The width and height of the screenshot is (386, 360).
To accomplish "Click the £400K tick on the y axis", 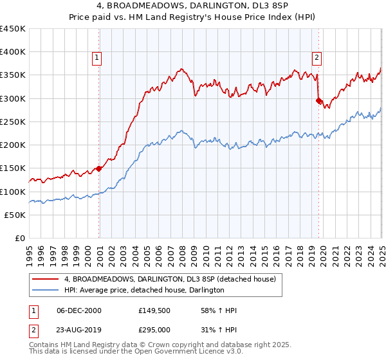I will pyautogui.click(x=13, y=52).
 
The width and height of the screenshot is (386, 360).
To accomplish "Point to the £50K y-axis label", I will pyautogui.click(x=15, y=215).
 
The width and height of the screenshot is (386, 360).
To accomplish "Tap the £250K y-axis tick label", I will pyautogui.click(x=13, y=122).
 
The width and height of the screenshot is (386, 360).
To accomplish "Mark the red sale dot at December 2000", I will pyautogui.click(x=99, y=168).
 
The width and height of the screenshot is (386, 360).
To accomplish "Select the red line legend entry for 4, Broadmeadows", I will pyautogui.click(x=170, y=279).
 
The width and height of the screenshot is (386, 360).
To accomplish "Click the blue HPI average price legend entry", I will pyautogui.click(x=143, y=290).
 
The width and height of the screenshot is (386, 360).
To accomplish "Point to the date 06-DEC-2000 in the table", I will pyautogui.click(x=79, y=310).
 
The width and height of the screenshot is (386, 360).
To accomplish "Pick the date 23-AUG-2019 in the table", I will pyautogui.click(x=79, y=328).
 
